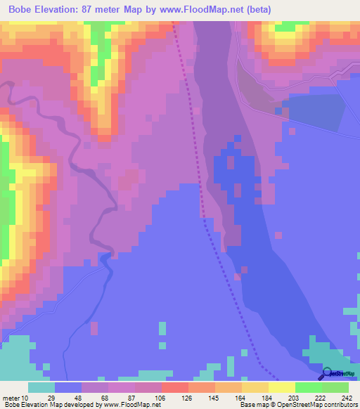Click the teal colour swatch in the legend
point(41,387)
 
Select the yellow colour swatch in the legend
point(282,387)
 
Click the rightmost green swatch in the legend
point(335,387)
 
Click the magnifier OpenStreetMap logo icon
point(328,376)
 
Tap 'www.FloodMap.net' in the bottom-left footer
point(131,405)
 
